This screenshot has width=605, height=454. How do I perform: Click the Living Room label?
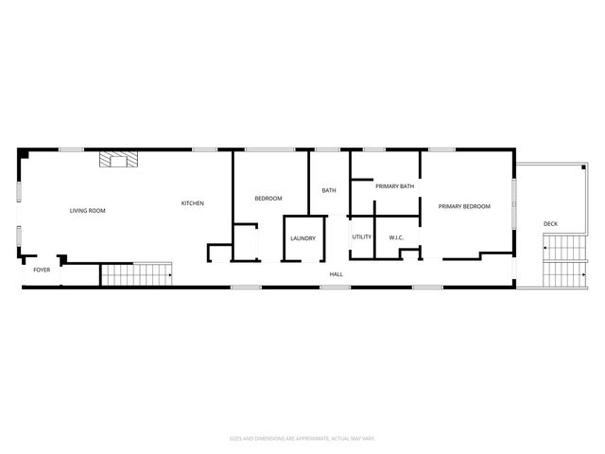(x=87, y=210)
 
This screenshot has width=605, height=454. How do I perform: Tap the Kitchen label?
(x=193, y=203)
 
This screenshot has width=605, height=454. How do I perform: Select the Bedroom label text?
(x=268, y=199)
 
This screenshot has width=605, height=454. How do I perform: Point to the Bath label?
(x=329, y=191)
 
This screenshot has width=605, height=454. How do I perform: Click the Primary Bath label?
(x=394, y=186)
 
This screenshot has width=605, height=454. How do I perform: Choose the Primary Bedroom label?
(x=464, y=206)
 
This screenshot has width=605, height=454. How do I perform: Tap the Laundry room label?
(x=302, y=238)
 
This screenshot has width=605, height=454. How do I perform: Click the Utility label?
(x=362, y=236)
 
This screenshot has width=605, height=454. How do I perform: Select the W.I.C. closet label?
(x=397, y=236)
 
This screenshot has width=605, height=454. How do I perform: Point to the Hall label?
(x=336, y=274)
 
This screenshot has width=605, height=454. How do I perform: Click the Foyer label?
(x=42, y=271)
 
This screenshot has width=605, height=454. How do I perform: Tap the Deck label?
(x=550, y=224)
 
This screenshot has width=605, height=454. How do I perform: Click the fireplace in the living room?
(x=119, y=160)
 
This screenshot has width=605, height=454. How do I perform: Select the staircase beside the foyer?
(x=136, y=274)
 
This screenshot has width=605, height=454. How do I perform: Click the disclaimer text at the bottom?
(x=302, y=438)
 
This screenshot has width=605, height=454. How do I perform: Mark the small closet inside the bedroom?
(x=246, y=240)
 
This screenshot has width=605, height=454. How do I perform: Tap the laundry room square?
(x=303, y=237)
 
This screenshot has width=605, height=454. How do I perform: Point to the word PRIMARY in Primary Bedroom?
(x=451, y=206)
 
